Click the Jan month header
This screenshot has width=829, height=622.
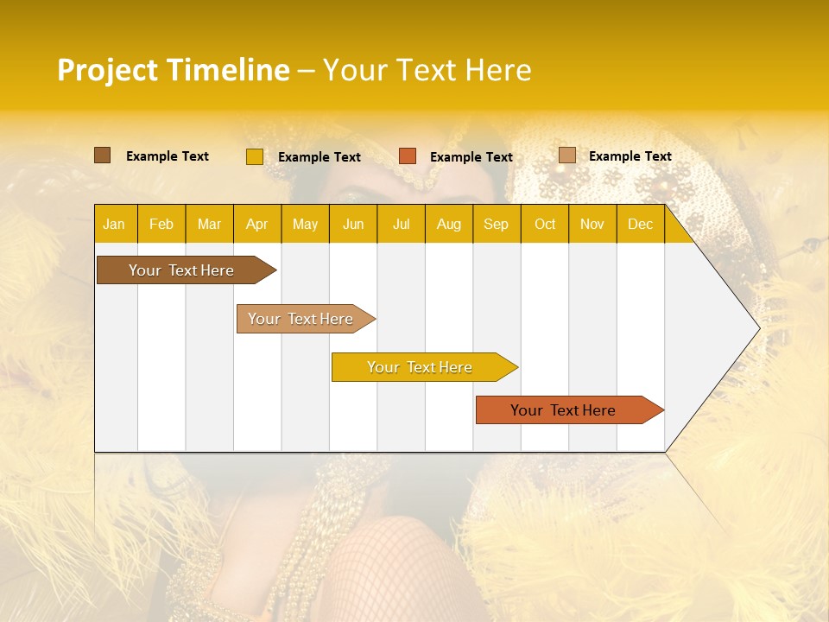pyautogui.click(x=114, y=224)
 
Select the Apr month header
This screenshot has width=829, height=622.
pyautogui.click(x=256, y=224)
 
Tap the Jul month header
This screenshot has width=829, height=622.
pyautogui.click(x=401, y=224)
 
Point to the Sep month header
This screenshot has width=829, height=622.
pyautogui.click(x=496, y=224)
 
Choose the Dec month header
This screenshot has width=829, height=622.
pyautogui.click(x=640, y=224)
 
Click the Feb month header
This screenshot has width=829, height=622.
pyautogui.click(x=161, y=224)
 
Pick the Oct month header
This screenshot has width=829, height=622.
pyautogui.click(x=545, y=224)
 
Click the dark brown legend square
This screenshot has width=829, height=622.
pyautogui.click(x=103, y=155)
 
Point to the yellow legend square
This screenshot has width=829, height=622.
pyautogui.click(x=254, y=156)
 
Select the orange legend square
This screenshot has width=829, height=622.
pyautogui.click(x=408, y=156)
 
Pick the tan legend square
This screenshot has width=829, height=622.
pyautogui.click(x=566, y=155)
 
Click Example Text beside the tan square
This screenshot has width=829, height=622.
pyautogui.click(x=630, y=155)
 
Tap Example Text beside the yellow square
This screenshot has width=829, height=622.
pyautogui.click(x=319, y=156)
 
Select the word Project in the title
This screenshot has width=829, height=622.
pyautogui.click(x=107, y=70)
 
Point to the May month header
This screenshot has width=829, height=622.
pyautogui.click(x=305, y=224)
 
